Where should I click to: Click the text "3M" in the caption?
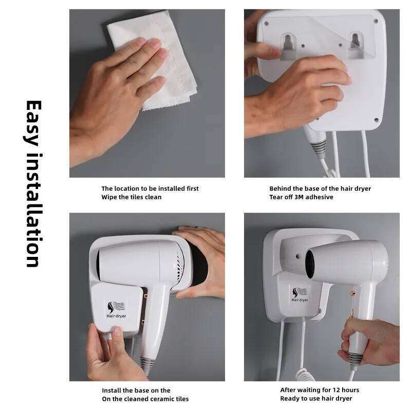[298, 197]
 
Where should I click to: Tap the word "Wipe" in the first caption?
[109, 197]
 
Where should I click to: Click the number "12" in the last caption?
[335, 390]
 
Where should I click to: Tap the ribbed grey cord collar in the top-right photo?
[319, 147]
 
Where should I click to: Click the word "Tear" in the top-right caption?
[277, 197]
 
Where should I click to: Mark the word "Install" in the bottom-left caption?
[113, 390]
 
